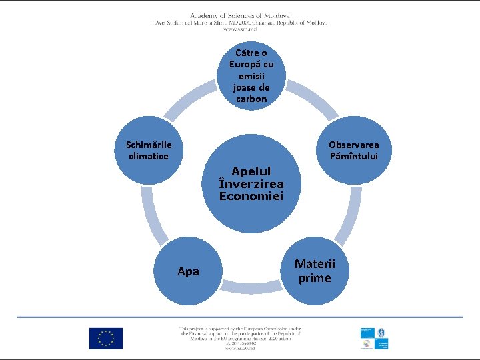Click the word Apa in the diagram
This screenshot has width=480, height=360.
188,271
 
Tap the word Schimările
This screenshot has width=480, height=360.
149,145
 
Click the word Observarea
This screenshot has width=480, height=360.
353,145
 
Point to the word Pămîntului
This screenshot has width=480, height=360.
353,156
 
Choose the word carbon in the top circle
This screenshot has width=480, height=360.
251,99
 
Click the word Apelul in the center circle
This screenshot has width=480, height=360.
251,171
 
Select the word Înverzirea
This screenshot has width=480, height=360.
251,183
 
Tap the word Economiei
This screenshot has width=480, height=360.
251,196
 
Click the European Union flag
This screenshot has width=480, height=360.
106,339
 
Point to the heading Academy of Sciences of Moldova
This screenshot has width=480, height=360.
240,15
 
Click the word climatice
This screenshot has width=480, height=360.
149,156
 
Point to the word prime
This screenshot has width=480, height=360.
315,278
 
